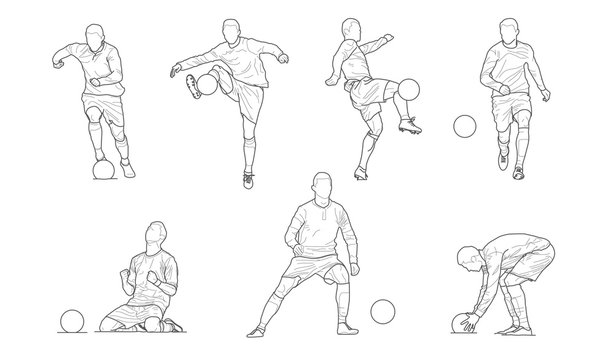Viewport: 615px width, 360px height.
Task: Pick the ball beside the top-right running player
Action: (465, 127)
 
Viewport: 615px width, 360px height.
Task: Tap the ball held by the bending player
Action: (461, 322)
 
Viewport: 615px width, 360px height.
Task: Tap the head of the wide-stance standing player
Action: (321, 186)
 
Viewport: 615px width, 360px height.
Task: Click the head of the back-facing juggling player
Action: (350, 29)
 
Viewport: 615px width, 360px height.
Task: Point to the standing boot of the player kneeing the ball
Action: (248, 179)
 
